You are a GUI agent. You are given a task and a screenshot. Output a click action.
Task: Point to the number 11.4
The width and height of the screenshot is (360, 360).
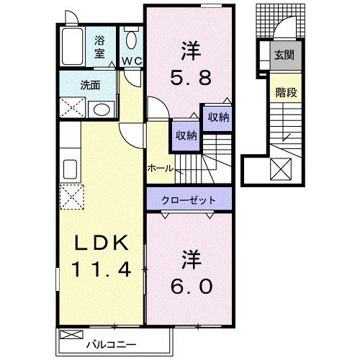pyautogui.click(x=99, y=271)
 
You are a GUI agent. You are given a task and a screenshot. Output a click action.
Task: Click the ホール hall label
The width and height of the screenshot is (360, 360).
pyautogui.click(x=160, y=168)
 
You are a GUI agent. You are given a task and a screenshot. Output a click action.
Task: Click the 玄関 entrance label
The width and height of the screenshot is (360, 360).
pyautogui.click(x=284, y=55)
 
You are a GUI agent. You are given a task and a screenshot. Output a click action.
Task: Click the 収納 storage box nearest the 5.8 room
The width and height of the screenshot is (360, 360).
pyautogui.click(x=217, y=117)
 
